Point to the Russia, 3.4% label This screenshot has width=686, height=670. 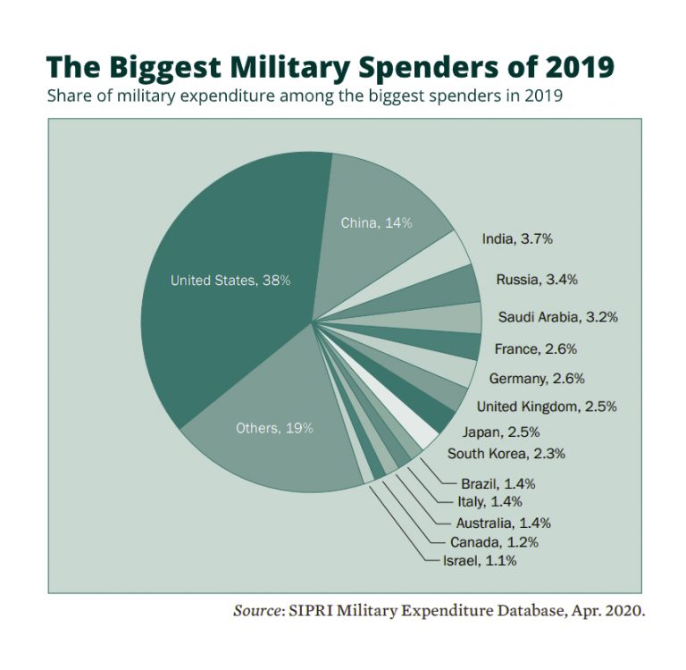click(x=537, y=280)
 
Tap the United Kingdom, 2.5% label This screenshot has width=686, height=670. click(x=547, y=406)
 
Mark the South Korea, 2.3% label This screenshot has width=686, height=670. click(x=506, y=454)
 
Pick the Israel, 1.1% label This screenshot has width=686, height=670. click(x=480, y=561)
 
